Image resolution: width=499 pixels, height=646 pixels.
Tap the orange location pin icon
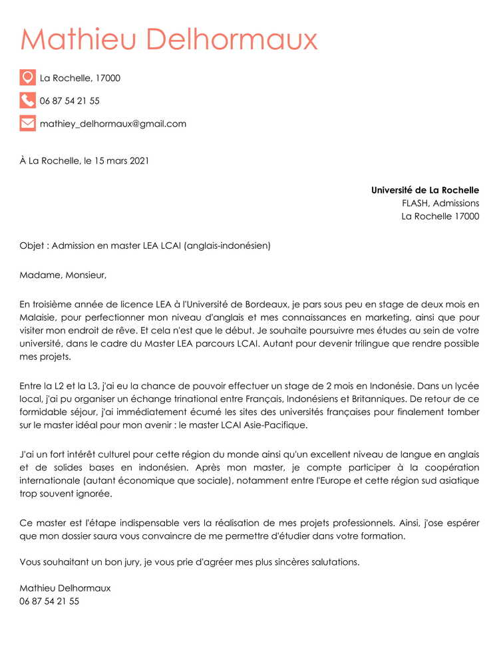[x=27, y=78]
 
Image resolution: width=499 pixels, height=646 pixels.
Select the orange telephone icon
[x=27, y=100]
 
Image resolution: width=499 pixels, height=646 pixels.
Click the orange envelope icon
[x=27, y=123]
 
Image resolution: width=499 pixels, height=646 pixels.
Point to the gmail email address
[x=113, y=124]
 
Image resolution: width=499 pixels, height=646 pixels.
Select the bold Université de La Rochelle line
[x=424, y=190]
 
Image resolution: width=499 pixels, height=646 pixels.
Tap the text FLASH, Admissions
[x=440, y=203]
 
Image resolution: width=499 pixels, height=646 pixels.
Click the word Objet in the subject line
[x=31, y=245]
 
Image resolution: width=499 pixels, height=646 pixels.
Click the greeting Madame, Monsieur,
[x=63, y=275]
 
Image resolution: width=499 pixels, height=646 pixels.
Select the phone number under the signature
[x=49, y=601]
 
